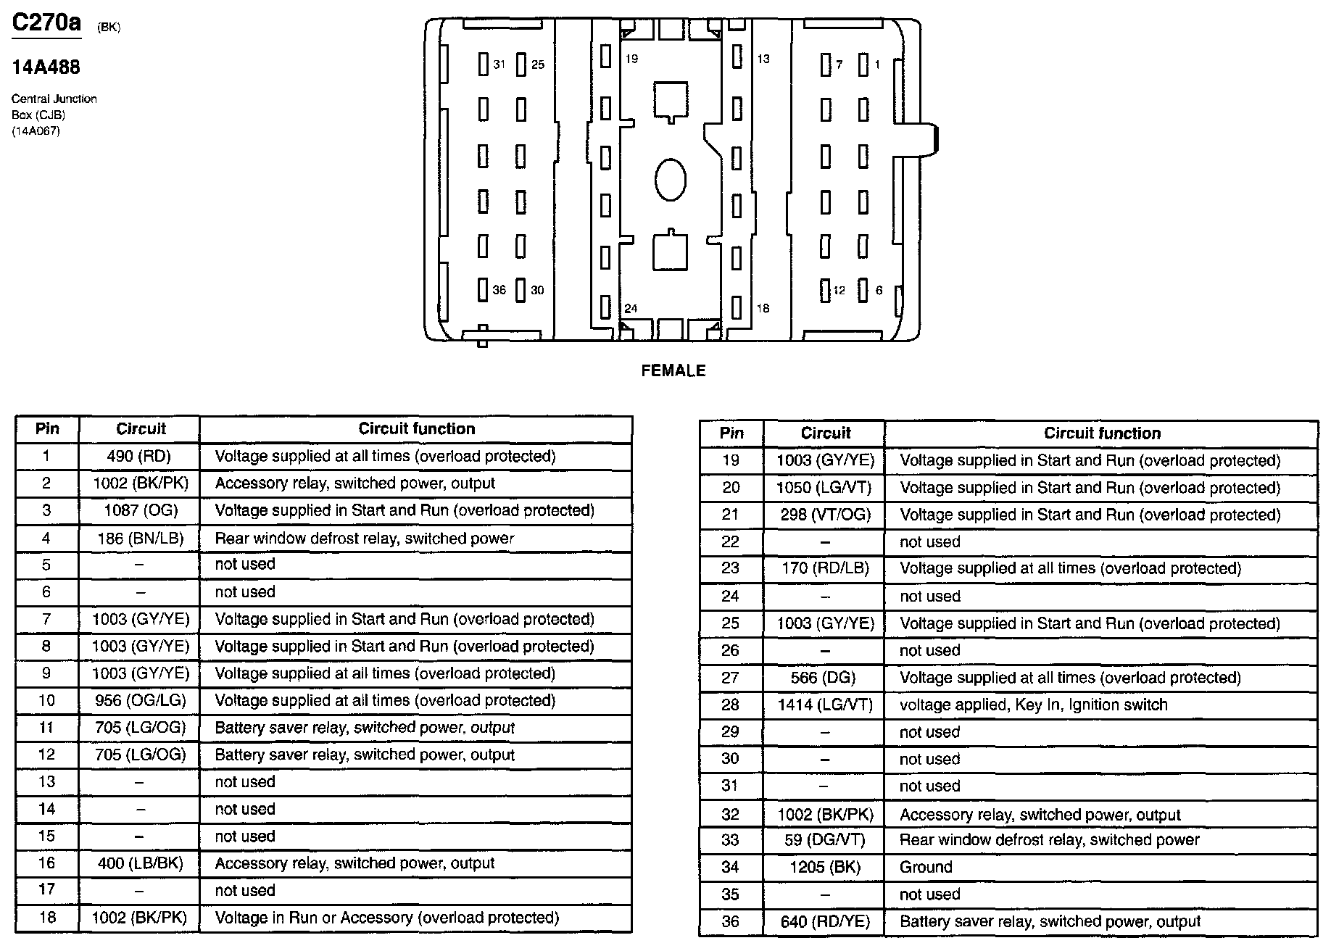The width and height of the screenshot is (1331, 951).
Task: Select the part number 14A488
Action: coord(46,67)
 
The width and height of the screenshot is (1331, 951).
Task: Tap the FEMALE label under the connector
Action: coord(673,371)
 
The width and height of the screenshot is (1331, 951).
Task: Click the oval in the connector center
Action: coord(670,180)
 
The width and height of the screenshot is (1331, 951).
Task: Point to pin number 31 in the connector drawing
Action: coord(499,65)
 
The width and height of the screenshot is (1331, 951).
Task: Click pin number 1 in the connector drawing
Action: coord(876,65)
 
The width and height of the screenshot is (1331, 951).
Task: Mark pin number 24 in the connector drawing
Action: coord(631,309)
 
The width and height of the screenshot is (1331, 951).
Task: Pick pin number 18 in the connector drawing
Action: coord(763,309)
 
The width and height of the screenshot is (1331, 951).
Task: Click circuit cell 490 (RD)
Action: coord(139,457)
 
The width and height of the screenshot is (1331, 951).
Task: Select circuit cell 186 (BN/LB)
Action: coord(140,539)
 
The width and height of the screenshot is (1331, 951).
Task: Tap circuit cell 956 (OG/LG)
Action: coord(140,701)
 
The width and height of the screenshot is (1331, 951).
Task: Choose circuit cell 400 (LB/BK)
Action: coord(140,863)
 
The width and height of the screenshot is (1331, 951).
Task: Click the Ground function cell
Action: coord(926,868)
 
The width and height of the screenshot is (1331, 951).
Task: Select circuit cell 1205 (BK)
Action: coord(825,868)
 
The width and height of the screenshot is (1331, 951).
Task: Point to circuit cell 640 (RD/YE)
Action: coord(825,922)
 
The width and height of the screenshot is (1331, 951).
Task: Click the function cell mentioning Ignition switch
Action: coord(1033,705)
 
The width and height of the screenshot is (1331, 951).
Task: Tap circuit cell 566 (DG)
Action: coord(825,678)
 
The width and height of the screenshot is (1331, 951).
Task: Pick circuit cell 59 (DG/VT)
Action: coord(825,840)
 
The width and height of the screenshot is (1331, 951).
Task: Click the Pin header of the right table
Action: coord(731,433)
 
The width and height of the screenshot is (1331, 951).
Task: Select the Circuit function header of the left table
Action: coord(416,429)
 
